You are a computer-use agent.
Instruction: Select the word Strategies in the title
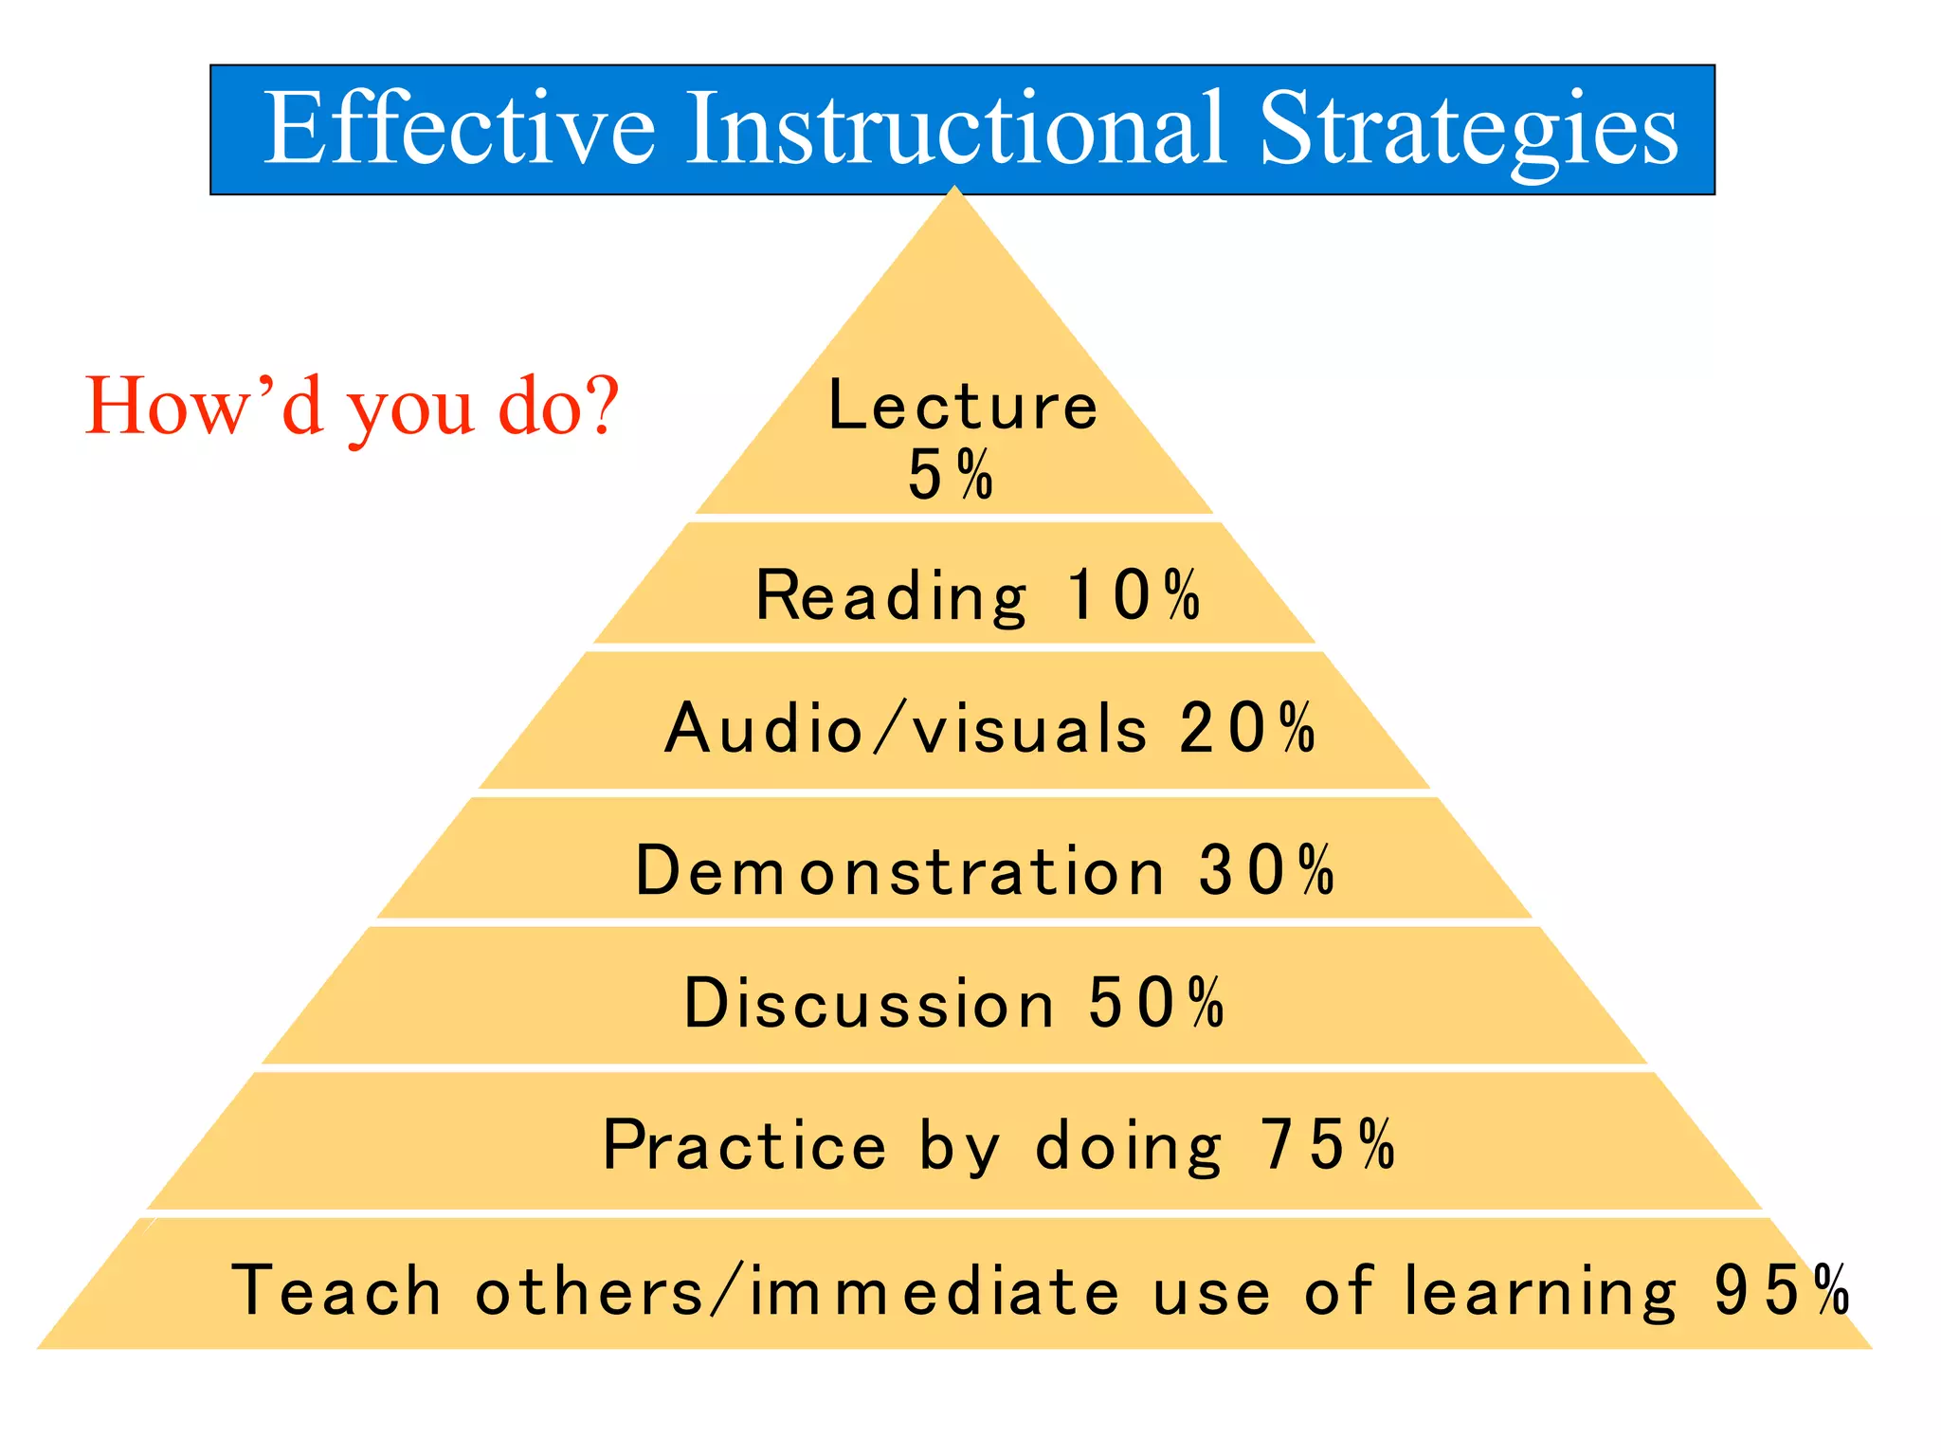pyautogui.click(x=1468, y=131)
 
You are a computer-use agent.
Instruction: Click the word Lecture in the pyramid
pyautogui.click(x=962, y=406)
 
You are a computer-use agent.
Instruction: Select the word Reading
pyautogui.click(x=891, y=597)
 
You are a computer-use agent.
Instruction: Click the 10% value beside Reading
pyautogui.click(x=1134, y=595)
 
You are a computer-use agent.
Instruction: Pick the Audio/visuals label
pyautogui.click(x=906, y=730)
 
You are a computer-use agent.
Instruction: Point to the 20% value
pyautogui.click(x=1247, y=729)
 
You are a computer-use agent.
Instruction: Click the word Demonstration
pyautogui.click(x=899, y=871)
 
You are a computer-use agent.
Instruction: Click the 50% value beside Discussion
pyautogui.click(x=1156, y=1003)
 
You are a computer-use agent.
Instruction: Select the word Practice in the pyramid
pyautogui.click(x=745, y=1146)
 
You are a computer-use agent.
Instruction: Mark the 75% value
pyautogui.click(x=1328, y=1145)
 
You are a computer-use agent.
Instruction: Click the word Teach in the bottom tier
pyautogui.click(x=336, y=1291)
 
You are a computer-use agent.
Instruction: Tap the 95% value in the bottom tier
pyautogui.click(x=1782, y=1291)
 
